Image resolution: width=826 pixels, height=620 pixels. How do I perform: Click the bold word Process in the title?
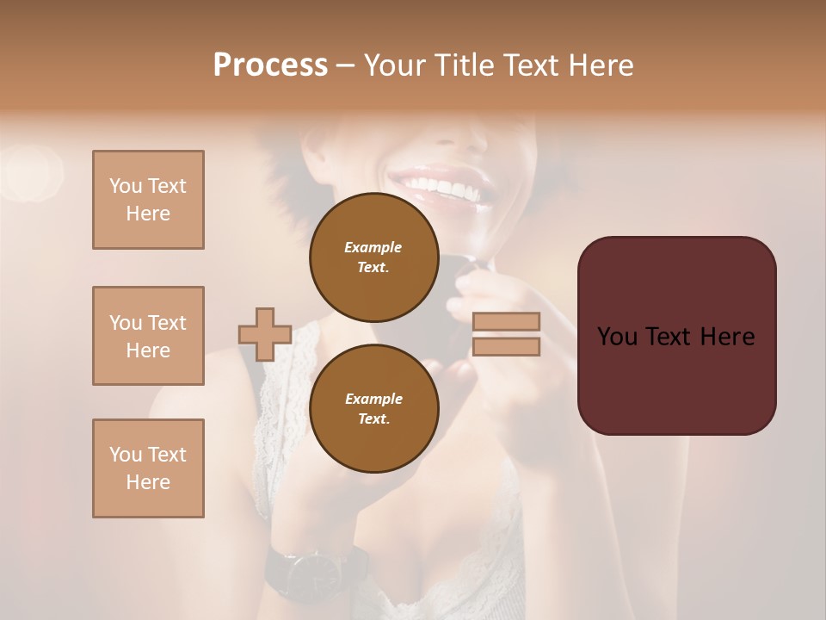point(270,65)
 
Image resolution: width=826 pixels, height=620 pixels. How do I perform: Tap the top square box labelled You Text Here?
point(148,200)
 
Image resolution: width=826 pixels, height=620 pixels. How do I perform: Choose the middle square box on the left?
point(148,336)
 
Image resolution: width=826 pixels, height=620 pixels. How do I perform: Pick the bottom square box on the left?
point(148,468)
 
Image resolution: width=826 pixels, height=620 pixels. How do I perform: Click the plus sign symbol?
point(265,334)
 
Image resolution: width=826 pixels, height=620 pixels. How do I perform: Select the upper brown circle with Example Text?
point(373,257)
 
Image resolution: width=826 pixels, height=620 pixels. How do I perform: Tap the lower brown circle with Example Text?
point(373,408)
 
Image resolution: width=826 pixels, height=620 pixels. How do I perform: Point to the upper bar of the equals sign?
point(506,321)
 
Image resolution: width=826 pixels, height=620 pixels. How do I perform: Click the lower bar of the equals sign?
point(506,347)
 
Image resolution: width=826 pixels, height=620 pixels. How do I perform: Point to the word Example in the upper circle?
point(373,247)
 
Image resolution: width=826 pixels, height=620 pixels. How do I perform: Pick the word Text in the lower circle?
point(373,418)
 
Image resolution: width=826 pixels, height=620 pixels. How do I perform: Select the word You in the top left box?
point(125,186)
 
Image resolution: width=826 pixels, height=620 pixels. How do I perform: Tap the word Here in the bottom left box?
point(148,482)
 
